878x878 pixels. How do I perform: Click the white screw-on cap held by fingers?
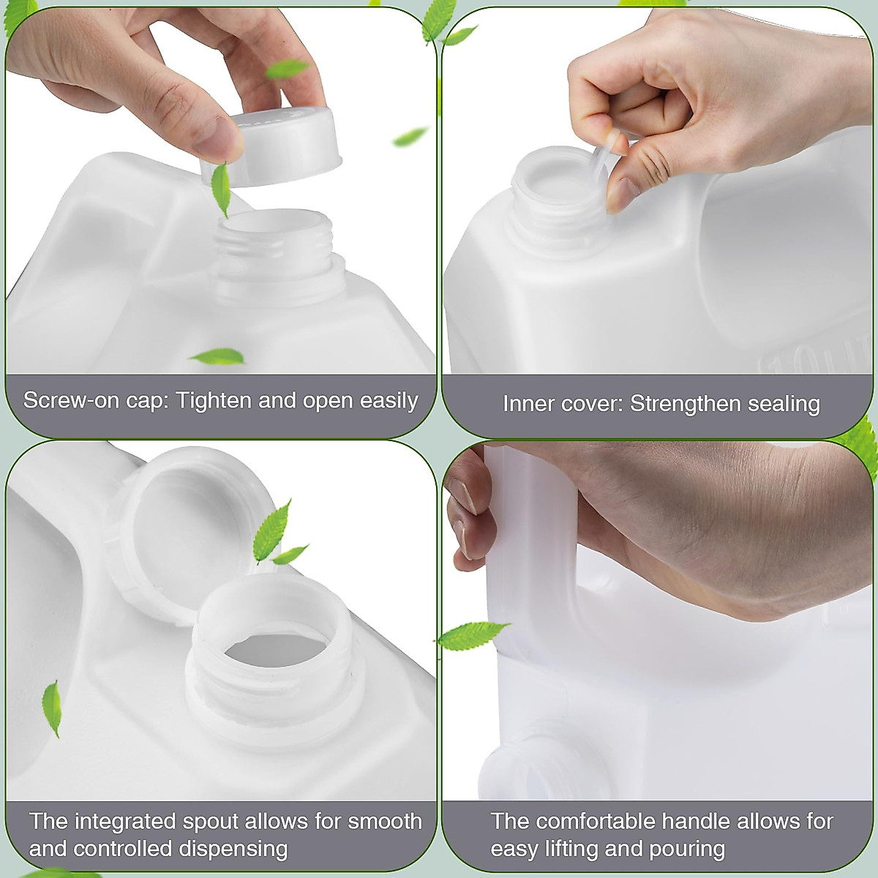pos(282,146)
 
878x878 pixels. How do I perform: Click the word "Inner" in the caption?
pos(527,404)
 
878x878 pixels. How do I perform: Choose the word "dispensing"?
pos(233,849)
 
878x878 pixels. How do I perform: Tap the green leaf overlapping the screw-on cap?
pos(220,189)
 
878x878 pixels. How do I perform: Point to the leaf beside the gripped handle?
pos(472,635)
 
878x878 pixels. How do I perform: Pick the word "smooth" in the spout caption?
pos(385,822)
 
